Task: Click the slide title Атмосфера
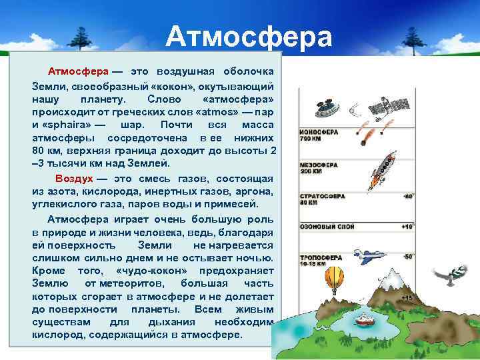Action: click(248, 37)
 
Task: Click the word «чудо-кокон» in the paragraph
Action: click(145, 271)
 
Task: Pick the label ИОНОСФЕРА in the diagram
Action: click(319, 132)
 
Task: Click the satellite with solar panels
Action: click(380, 106)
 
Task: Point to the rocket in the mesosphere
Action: click(385, 167)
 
